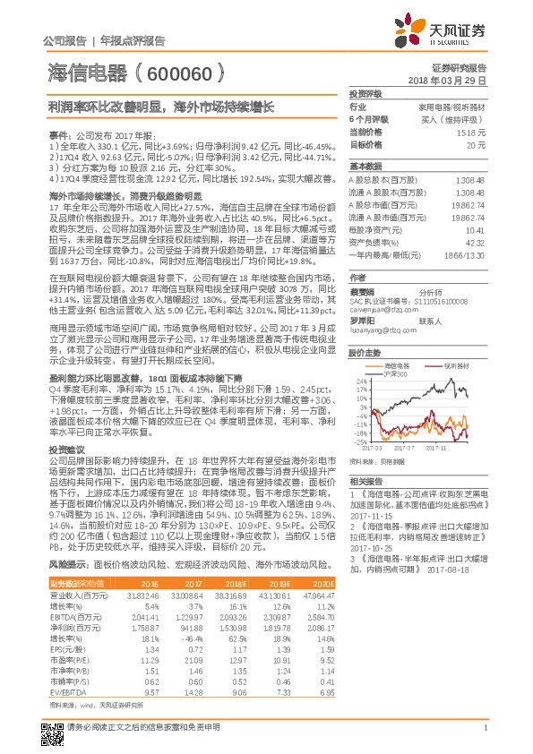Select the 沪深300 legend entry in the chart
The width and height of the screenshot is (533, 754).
396,373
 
